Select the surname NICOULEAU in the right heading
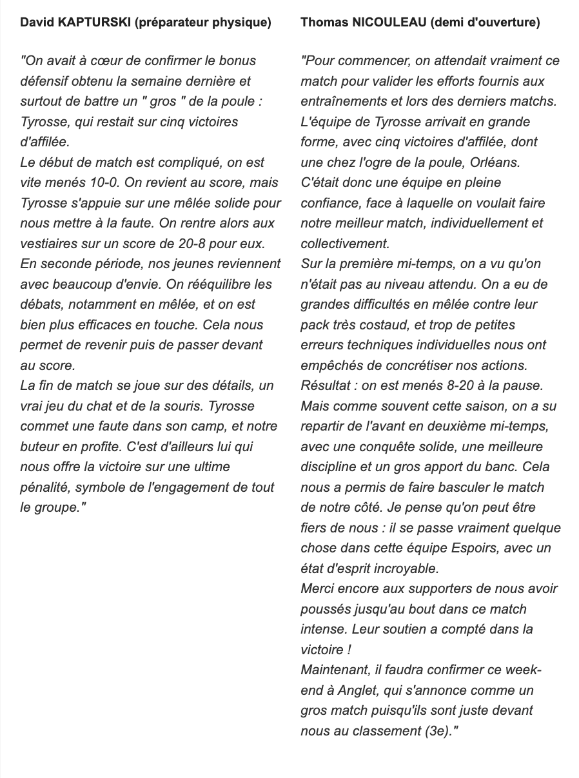[x=380, y=23]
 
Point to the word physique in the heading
[x=242, y=23]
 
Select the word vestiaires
[x=50, y=243]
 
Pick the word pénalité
[x=46, y=487]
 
